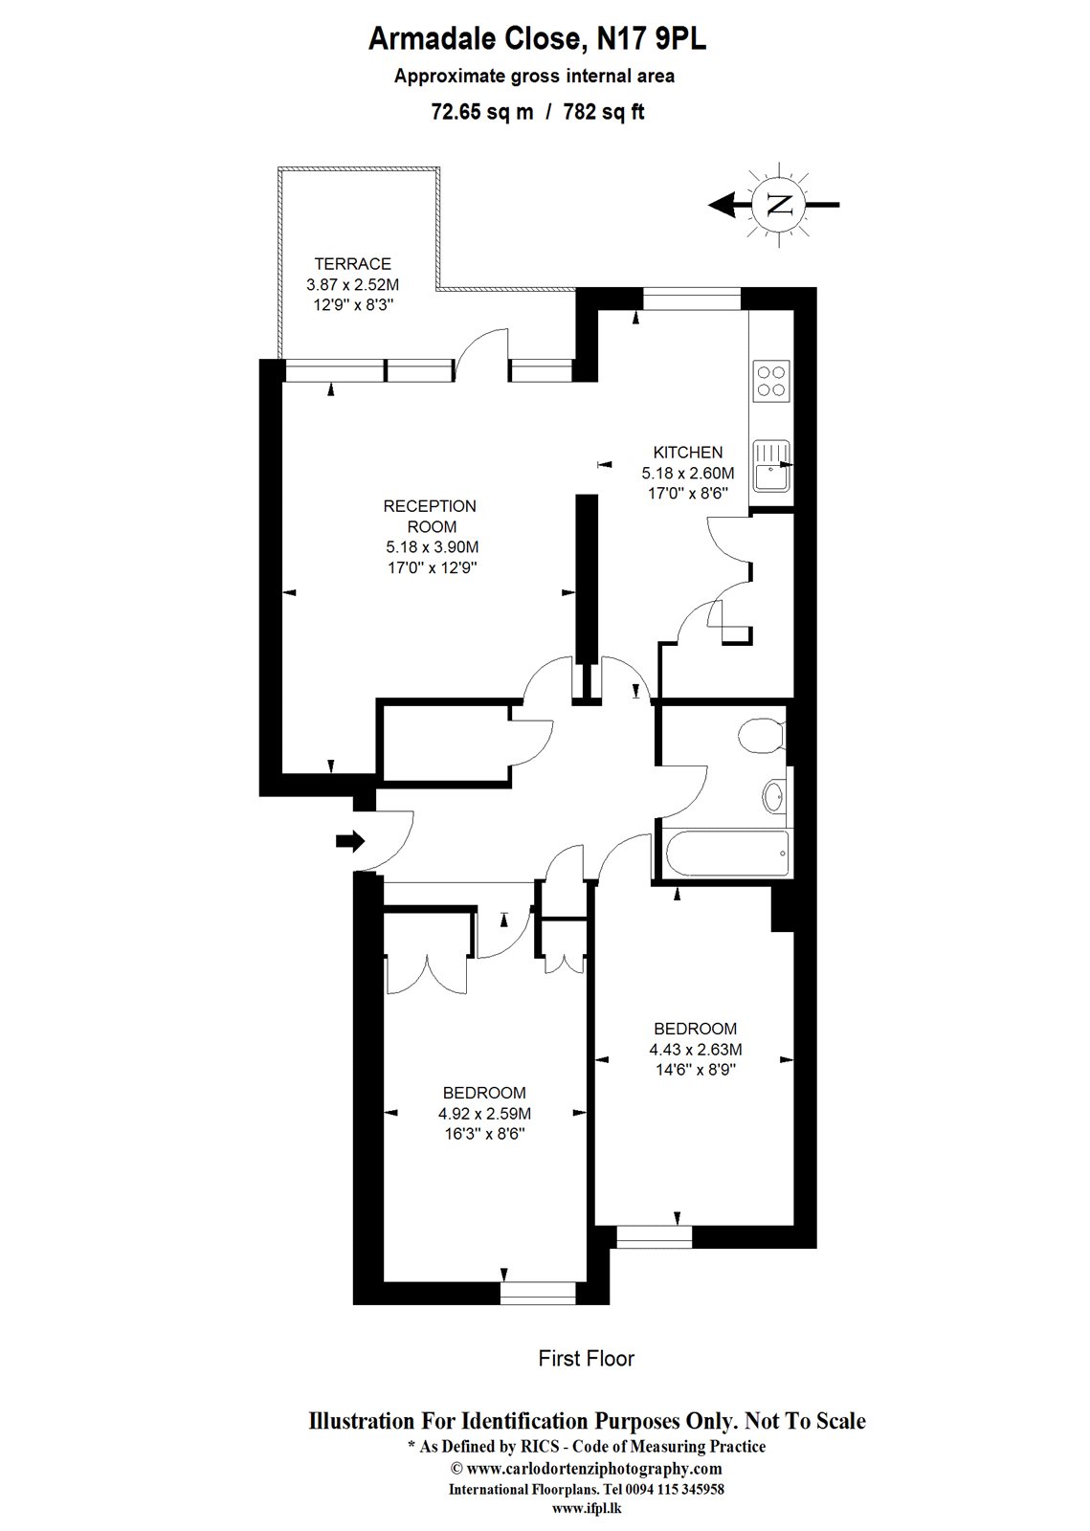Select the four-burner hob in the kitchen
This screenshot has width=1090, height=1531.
point(771,379)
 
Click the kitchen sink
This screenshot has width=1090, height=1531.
point(770,466)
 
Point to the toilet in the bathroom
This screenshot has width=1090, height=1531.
point(762,735)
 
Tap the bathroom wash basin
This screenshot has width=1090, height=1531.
point(774,796)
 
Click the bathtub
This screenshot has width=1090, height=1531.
point(725,853)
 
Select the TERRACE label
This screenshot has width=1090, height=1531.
point(352,264)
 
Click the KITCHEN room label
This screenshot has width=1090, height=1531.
point(687,453)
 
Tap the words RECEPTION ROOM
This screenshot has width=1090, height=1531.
point(430,516)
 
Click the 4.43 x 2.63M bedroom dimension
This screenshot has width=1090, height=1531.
point(695,1049)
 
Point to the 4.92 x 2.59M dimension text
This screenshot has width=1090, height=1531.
point(484,1113)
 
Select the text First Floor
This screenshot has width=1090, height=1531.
point(586,1358)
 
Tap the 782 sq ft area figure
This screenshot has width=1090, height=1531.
point(603,112)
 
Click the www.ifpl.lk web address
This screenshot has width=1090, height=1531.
point(587,1507)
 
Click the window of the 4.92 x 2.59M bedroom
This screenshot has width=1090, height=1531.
point(538,1293)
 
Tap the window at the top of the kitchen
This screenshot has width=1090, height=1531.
point(691,300)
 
